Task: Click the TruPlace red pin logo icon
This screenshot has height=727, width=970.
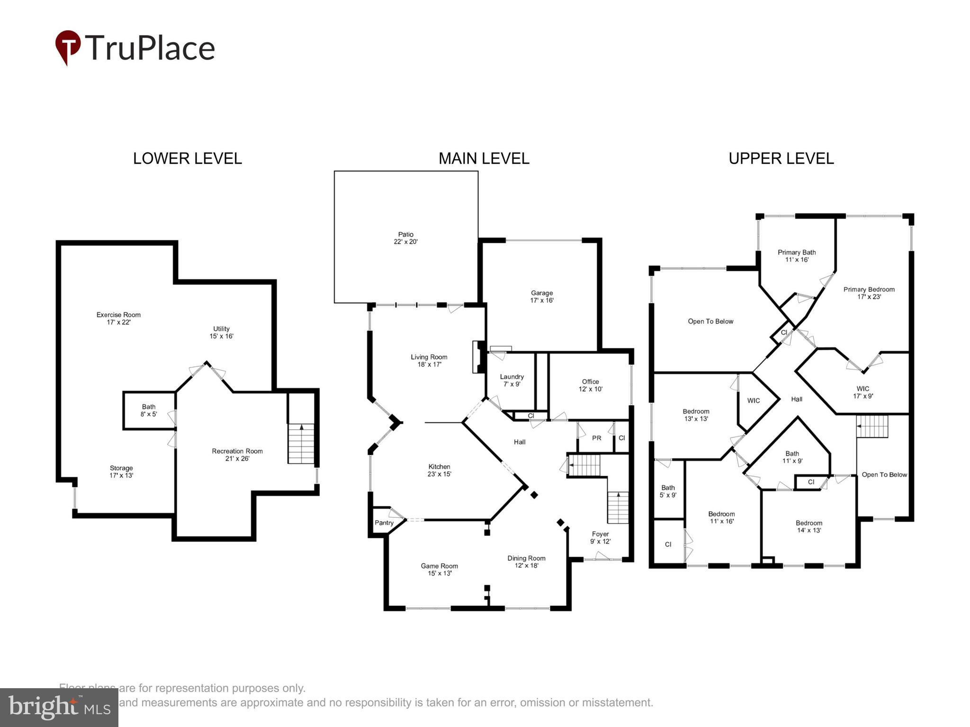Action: tap(68, 47)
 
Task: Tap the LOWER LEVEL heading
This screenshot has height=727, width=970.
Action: tap(187, 158)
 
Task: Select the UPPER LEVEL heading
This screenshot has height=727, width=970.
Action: tap(781, 158)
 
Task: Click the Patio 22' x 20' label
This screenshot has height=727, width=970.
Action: tap(405, 238)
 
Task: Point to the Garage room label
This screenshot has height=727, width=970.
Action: tap(541, 296)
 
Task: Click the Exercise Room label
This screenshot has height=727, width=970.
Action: tap(118, 318)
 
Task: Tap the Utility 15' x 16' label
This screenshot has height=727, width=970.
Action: tap(221, 332)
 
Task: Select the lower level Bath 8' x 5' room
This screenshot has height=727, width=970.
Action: tap(149, 410)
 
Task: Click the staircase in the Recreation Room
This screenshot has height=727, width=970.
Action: tap(301, 443)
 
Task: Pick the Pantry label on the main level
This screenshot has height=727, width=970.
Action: tap(384, 523)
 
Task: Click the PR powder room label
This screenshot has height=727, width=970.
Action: tap(596, 438)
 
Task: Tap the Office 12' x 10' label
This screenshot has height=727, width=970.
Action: tap(590, 385)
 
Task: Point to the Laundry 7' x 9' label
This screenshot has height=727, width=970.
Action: tap(512, 380)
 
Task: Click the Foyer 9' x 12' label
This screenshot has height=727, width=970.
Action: tap(600, 537)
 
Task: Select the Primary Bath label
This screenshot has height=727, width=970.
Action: tap(797, 256)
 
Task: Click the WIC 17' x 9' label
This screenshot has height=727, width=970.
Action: tap(862, 392)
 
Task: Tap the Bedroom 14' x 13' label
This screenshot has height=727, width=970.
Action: tap(808, 526)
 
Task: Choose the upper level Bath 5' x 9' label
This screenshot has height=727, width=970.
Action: tap(668, 491)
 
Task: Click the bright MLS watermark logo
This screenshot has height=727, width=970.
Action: tap(59, 707)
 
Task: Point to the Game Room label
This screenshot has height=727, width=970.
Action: tap(439, 569)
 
